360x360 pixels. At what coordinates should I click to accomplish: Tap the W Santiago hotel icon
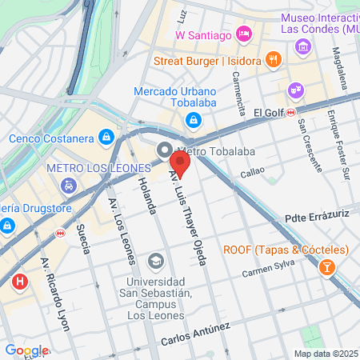click(x=245, y=34)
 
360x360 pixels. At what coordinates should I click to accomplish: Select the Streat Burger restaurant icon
click(x=274, y=60)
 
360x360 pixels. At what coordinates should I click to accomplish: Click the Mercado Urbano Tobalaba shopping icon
click(x=192, y=121)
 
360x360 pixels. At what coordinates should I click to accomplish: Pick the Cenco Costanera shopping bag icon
click(x=105, y=138)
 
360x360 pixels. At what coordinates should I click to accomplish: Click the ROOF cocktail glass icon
click(x=326, y=267)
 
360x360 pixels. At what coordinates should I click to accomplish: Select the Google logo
click(x=26, y=350)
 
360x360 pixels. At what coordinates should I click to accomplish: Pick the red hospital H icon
click(x=20, y=282)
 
